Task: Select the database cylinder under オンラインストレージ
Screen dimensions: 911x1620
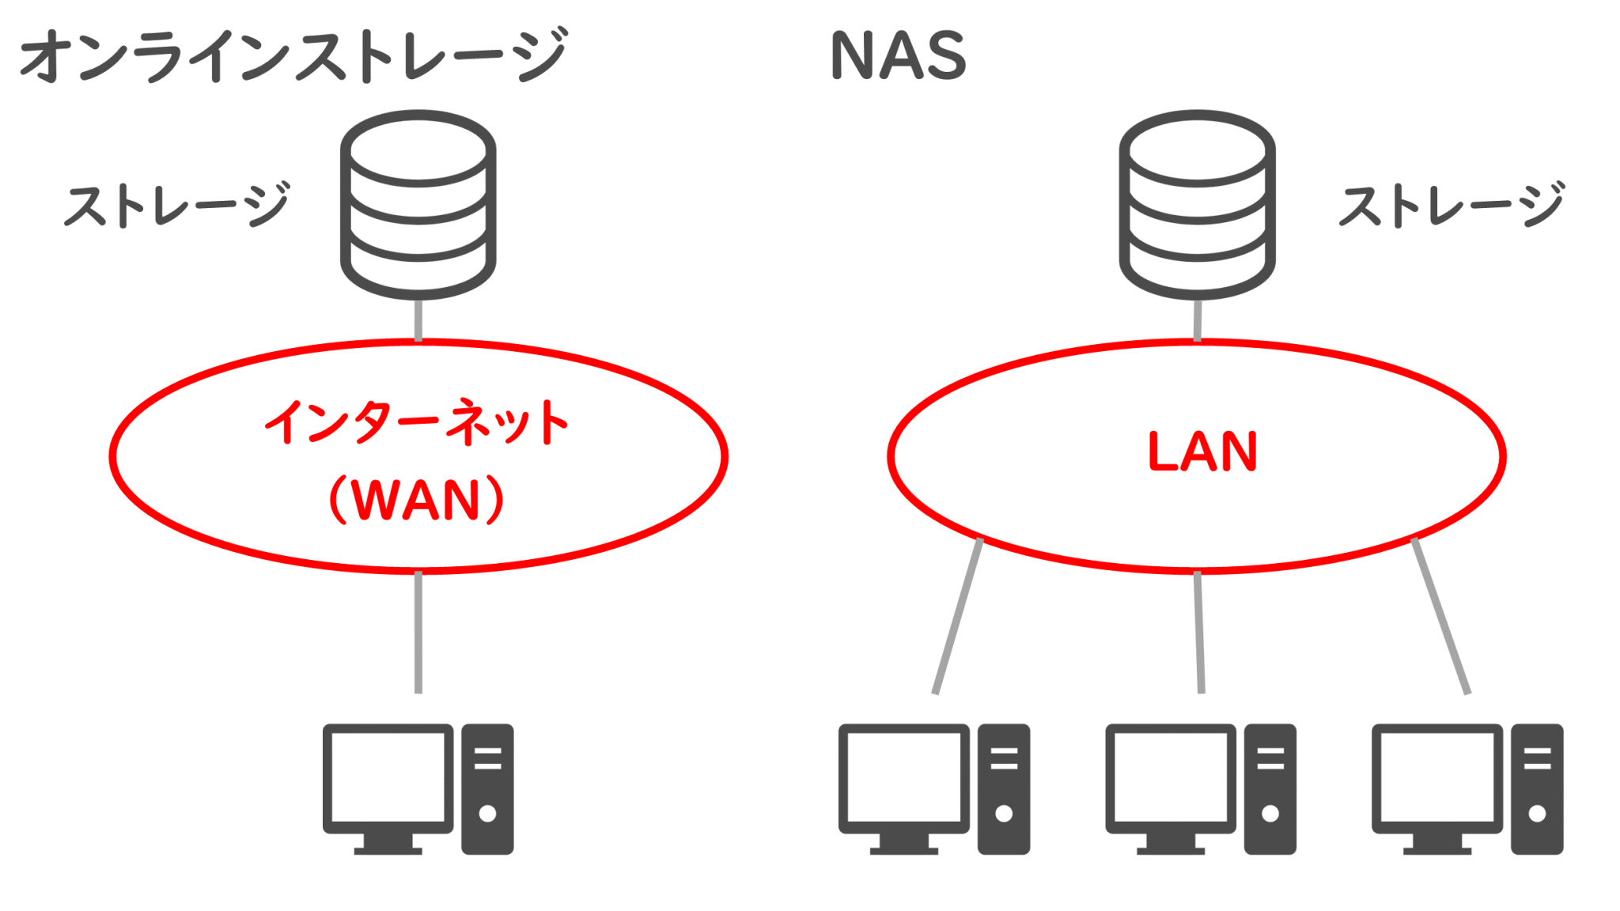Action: (418, 204)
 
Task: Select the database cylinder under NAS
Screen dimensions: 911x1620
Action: (1197, 204)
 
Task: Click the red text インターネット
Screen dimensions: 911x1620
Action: (417, 422)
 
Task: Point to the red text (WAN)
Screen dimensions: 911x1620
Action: (417, 500)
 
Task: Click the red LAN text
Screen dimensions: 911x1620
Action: (1202, 452)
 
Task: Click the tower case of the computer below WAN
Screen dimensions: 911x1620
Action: (487, 788)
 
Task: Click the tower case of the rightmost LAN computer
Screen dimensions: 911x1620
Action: (1537, 788)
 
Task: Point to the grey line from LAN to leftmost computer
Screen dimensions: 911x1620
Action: (958, 616)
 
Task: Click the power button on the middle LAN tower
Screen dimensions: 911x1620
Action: (1270, 813)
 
